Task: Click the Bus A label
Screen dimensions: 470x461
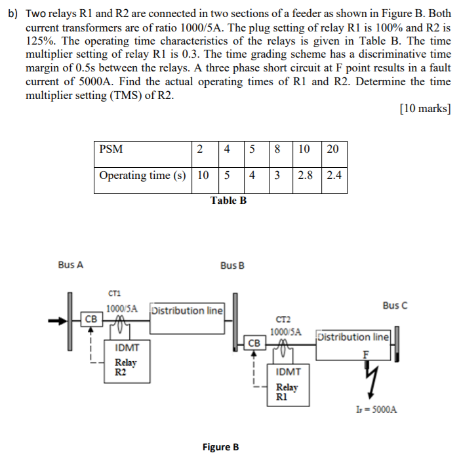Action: (70, 265)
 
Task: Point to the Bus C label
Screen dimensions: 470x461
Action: (395, 305)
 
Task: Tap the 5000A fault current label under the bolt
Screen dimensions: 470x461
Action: (374, 410)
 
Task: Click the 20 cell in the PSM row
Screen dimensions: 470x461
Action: (332, 149)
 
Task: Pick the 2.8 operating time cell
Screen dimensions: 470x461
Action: (305, 176)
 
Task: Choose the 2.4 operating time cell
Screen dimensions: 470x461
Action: (332, 176)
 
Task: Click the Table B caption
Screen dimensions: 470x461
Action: (228, 200)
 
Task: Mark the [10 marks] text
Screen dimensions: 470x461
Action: (424, 109)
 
